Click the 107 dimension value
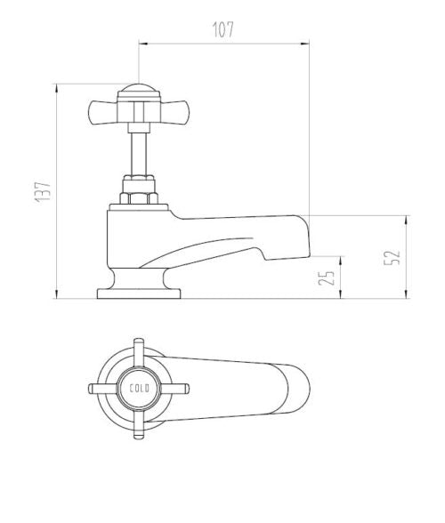coord(222,29)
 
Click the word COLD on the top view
coord(141,388)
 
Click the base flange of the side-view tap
coord(139,292)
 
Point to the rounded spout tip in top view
coord(303,389)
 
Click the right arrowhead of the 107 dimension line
coord(305,41)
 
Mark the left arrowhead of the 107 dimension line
coord(143,41)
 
